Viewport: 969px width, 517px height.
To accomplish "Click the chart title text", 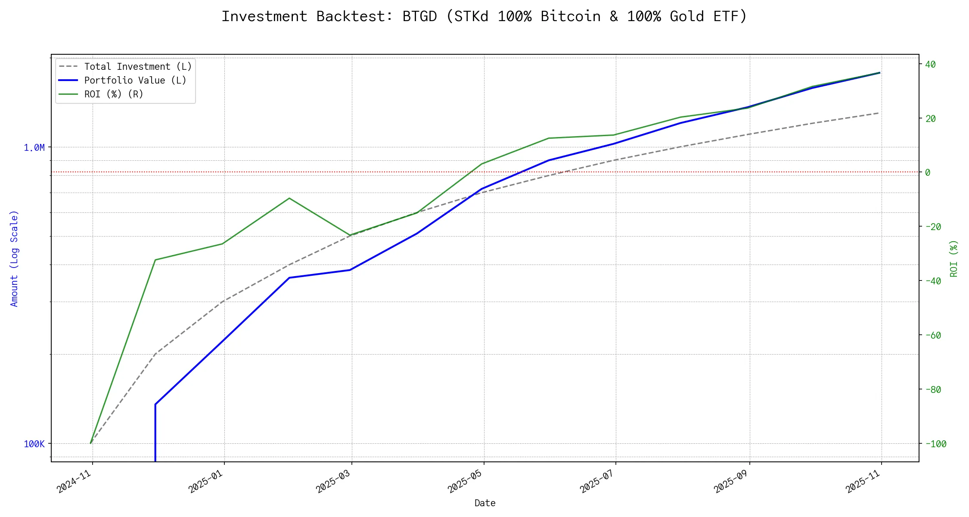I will coord(484,16).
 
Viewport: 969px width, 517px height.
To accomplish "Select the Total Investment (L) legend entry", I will coord(137,67).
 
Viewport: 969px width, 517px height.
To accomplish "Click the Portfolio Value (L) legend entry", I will coord(135,81).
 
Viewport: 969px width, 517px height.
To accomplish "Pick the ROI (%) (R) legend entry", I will coord(113,94).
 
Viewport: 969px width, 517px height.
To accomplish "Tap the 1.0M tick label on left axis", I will coord(34,148).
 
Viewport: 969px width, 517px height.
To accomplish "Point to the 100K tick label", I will coord(34,444).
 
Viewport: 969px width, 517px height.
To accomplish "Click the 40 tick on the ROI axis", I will coord(930,65).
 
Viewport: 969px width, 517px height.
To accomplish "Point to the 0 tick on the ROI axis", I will coord(928,173).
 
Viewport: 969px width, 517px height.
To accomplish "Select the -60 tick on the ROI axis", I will coord(932,335).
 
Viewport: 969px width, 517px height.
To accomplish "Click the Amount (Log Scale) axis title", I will coord(14,258).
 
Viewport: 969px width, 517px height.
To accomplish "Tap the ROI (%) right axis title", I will coord(954,258).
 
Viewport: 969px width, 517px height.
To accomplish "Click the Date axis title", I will coord(485,503).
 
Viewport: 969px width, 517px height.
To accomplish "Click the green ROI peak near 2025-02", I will coord(289,198).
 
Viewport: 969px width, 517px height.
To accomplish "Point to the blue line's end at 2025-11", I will coord(879,73).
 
